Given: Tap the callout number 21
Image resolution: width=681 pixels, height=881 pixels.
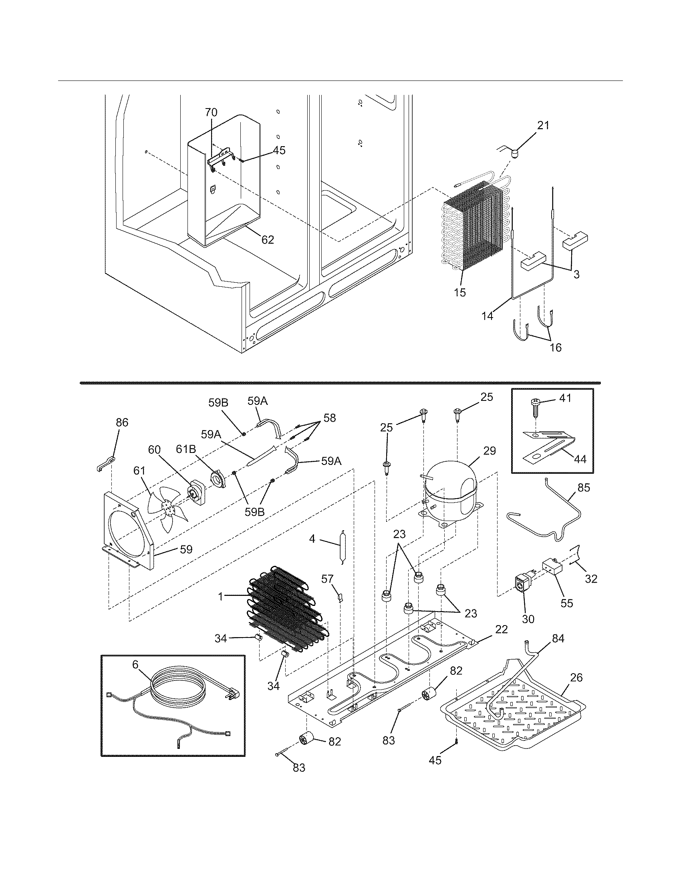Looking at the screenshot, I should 543,126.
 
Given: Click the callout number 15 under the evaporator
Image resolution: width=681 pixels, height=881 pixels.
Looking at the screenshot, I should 459,292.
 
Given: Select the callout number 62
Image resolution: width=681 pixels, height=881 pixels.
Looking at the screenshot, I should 268,239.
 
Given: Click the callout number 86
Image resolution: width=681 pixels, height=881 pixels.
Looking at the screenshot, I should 122,422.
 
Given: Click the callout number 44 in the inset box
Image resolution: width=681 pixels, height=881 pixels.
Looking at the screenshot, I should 580,459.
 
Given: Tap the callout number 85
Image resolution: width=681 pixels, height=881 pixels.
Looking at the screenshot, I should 583,487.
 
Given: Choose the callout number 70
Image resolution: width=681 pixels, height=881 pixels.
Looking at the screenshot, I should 211,112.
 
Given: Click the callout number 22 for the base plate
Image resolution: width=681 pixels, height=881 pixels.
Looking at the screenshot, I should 502,629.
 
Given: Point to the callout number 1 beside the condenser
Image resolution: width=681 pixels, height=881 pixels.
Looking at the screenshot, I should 221,597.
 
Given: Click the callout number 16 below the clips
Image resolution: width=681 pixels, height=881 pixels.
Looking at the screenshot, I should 556,347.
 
